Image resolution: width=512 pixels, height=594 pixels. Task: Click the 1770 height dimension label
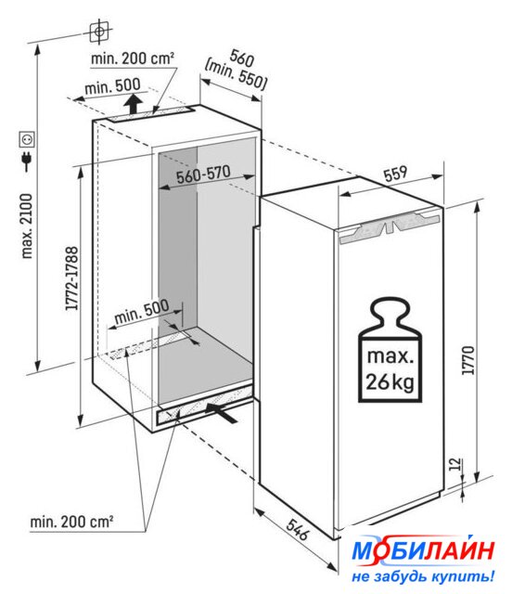click(x=468, y=360)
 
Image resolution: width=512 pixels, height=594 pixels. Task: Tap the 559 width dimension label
click(x=395, y=174)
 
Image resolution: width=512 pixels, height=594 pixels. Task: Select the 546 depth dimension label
click(x=298, y=529)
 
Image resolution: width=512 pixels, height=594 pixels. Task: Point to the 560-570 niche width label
click(x=203, y=174)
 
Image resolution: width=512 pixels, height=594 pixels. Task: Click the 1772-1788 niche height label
click(x=71, y=278)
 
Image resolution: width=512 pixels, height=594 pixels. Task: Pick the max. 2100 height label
click(x=27, y=226)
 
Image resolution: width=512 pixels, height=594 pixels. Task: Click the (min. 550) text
click(x=236, y=76)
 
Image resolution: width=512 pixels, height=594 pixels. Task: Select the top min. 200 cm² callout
click(x=133, y=58)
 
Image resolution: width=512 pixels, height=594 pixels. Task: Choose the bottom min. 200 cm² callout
click(x=71, y=522)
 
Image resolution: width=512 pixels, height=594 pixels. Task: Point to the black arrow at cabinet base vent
click(x=222, y=413)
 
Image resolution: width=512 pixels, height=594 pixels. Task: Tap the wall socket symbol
click(x=27, y=139)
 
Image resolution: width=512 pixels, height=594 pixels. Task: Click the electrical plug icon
click(x=27, y=161)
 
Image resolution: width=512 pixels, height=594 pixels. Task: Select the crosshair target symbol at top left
click(x=99, y=31)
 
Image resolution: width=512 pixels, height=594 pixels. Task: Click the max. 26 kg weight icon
click(x=390, y=349)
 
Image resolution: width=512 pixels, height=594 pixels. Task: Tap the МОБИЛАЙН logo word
click(x=423, y=550)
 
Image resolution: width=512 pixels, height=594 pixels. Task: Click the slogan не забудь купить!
click(x=423, y=576)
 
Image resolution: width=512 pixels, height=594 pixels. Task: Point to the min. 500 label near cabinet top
click(x=112, y=86)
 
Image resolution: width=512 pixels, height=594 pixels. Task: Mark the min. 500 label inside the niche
click(x=142, y=312)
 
